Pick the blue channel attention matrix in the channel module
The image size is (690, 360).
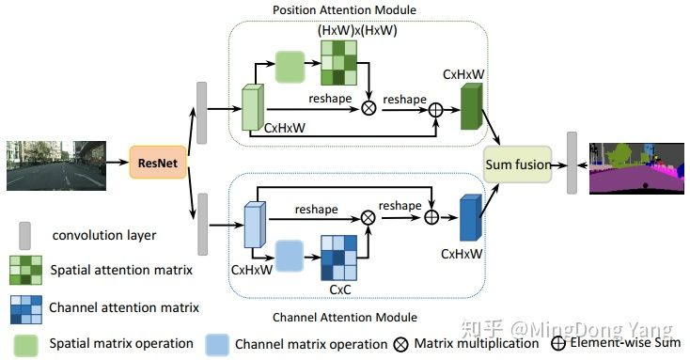click(x=337, y=251)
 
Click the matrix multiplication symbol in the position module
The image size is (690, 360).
click(x=369, y=108)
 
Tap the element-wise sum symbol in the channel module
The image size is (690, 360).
click(x=431, y=216)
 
